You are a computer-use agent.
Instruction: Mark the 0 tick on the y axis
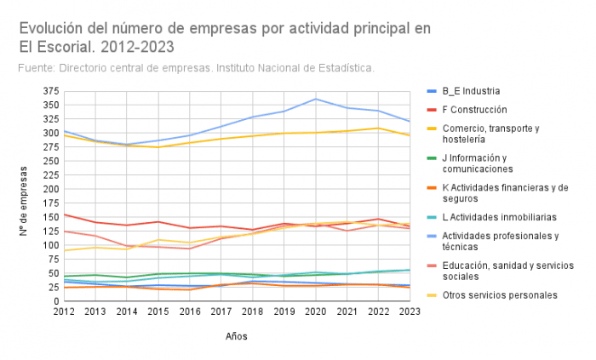pos(54,301)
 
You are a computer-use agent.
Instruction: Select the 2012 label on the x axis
pos(64,312)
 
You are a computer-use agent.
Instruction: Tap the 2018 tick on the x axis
pos(252,312)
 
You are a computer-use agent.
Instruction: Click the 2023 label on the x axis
pos(410,312)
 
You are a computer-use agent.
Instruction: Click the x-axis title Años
pos(237,336)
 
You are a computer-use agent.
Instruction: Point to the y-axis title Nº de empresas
pos(23,196)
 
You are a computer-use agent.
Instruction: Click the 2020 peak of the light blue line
pos(316,99)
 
